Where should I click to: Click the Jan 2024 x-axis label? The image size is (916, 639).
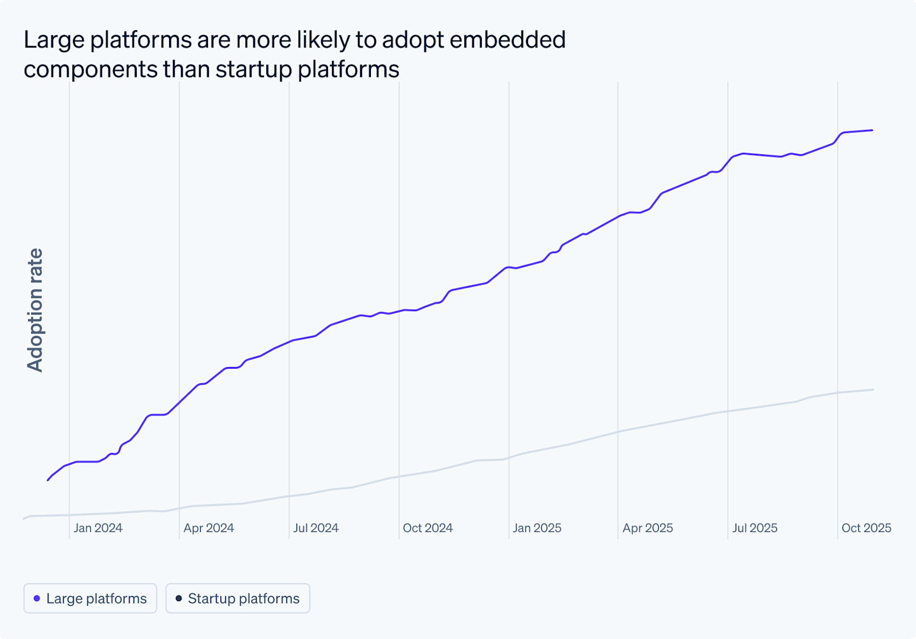[x=98, y=528]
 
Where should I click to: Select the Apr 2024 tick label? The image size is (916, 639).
[x=209, y=528]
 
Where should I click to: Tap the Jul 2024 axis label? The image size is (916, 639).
[x=316, y=528]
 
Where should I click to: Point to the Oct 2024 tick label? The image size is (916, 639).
[x=427, y=528]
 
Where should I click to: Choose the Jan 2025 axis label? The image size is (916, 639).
[x=537, y=528]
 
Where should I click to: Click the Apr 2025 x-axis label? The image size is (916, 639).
[x=647, y=528]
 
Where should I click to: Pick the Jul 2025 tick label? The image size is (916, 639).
[x=755, y=528]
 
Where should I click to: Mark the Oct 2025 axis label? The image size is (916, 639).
[x=866, y=528]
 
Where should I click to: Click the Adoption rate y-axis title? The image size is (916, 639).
[x=35, y=310]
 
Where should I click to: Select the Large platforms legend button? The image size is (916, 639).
[x=90, y=598]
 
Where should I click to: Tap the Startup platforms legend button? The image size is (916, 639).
[x=237, y=598]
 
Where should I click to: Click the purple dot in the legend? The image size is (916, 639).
[x=37, y=598]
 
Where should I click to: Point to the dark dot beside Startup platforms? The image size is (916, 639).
[x=179, y=598]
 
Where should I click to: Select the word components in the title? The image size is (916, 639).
[x=90, y=70]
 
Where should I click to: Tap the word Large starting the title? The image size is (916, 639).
[x=54, y=40]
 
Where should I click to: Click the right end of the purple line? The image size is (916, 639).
[x=872, y=131]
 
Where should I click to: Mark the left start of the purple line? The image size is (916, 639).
[x=48, y=480]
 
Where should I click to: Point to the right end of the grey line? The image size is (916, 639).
[x=874, y=390]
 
